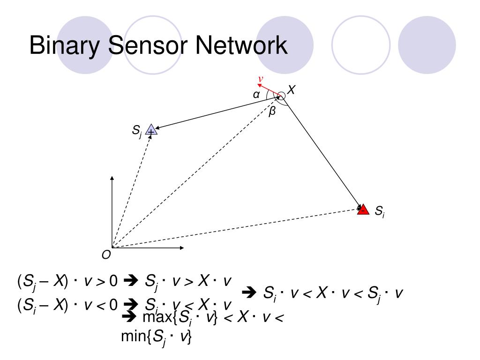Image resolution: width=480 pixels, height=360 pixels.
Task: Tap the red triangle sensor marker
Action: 363,210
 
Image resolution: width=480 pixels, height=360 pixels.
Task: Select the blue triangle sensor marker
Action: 151,130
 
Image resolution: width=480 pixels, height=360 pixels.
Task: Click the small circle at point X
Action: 281,96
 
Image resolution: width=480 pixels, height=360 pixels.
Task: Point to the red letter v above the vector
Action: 261,79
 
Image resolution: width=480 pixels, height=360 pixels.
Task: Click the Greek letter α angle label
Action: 256,95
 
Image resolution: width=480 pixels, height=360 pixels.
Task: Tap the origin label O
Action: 106,255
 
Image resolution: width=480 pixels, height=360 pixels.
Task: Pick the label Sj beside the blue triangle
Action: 137,131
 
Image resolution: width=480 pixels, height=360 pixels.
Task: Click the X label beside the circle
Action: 292,90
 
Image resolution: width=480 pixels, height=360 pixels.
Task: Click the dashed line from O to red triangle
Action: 234,229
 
